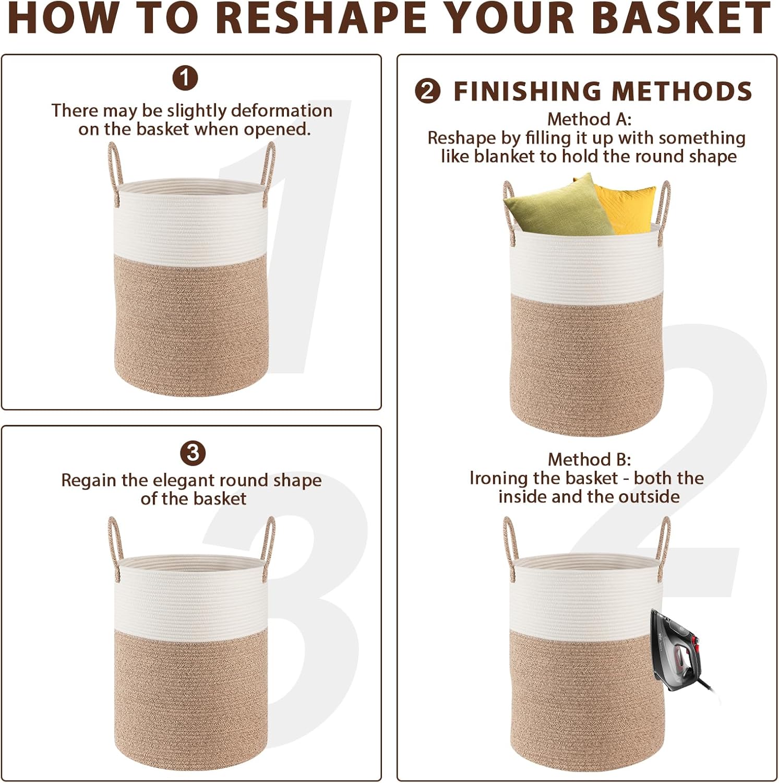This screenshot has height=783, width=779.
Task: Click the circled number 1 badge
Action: coord(185,78)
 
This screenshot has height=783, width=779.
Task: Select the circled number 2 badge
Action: coord(428,91)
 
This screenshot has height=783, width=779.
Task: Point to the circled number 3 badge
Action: coord(193,453)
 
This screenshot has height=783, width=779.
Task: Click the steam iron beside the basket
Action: coord(681,650)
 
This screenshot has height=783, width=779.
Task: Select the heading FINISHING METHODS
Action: coord(603,91)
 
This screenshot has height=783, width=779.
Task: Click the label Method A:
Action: coord(589,120)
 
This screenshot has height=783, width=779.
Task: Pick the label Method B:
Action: coord(589,459)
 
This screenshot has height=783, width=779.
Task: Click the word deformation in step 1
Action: coord(281,111)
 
